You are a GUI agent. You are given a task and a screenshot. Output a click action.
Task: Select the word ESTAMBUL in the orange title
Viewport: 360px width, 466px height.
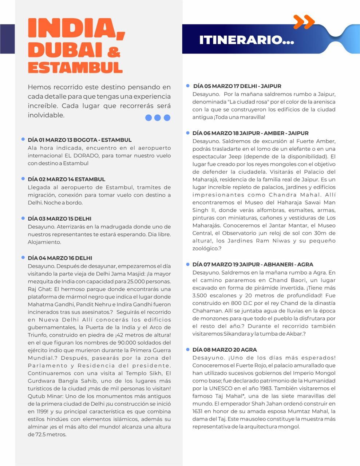point(75,67)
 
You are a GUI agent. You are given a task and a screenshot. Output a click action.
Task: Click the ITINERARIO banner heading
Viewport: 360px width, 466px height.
point(246,40)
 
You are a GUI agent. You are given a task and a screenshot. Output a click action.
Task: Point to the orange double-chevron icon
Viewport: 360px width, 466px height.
point(304,22)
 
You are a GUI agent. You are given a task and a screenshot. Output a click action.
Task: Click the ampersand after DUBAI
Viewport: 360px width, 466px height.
point(114,52)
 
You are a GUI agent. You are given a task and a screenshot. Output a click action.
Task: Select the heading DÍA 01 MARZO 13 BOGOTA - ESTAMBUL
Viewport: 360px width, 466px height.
point(80,140)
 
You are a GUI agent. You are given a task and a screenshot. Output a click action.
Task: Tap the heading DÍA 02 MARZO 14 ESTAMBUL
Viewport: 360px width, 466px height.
point(66,179)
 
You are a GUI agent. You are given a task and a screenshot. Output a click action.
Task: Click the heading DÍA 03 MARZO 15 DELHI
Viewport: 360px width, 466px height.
point(59,218)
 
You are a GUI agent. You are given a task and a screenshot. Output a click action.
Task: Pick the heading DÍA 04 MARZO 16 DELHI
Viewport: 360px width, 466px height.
point(60,258)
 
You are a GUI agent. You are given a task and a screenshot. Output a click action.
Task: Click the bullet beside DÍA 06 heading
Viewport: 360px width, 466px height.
point(188,133)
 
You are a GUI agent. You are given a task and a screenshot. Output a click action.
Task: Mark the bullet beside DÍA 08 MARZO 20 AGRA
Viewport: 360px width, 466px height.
point(188,349)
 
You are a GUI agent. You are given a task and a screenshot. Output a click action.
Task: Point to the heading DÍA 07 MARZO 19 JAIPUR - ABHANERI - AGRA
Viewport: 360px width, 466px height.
point(253,264)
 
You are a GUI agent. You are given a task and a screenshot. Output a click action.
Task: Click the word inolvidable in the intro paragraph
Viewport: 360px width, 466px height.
point(46,115)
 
